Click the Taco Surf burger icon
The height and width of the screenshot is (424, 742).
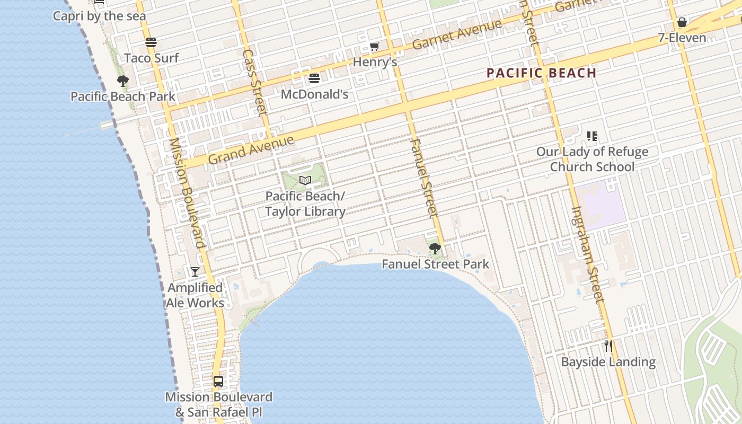click(151, 42)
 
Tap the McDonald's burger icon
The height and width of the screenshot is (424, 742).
click(314, 79)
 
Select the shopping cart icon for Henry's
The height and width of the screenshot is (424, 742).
click(375, 47)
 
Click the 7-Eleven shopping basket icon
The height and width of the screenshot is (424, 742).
click(682, 22)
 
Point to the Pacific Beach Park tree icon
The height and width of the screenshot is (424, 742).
click(123, 81)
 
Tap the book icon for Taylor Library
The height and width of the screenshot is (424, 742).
click(305, 181)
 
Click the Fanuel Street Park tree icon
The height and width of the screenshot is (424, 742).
click(435, 248)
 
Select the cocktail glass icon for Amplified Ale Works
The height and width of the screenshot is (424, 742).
click(195, 272)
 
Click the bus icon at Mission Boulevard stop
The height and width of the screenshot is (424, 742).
click(218, 381)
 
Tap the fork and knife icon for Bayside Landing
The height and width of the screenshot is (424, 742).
click(608, 346)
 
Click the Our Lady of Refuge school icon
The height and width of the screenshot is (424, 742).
click(592, 136)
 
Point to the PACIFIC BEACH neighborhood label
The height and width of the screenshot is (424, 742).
click(541, 73)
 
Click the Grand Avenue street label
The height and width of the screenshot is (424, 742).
click(251, 150)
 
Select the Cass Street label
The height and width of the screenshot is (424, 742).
click(254, 82)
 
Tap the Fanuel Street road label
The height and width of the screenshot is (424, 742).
click(425, 178)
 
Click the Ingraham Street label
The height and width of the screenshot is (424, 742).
click(587, 254)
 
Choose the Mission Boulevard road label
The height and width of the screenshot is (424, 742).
click(186, 193)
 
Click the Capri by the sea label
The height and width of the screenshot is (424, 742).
click(99, 16)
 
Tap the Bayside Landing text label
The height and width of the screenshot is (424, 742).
click(608, 363)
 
